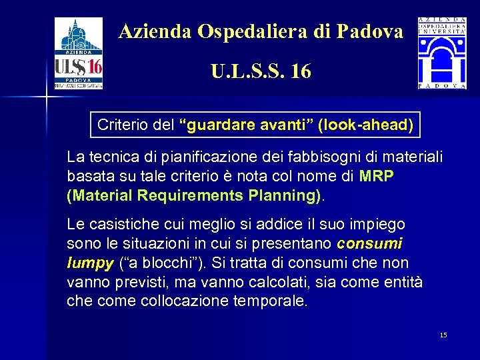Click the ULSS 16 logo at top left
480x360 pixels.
[x=78, y=53]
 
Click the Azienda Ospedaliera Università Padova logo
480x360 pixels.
[x=442, y=53]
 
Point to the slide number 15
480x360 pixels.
[x=443, y=335]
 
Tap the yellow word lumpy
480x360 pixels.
[x=90, y=263]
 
